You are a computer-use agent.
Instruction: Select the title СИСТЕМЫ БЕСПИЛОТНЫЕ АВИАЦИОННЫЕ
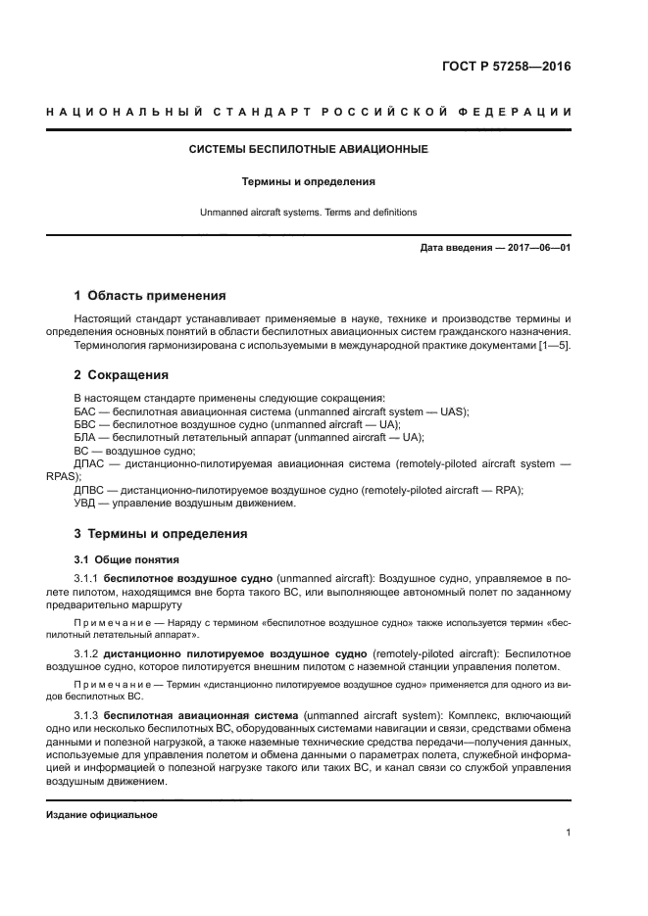(308, 150)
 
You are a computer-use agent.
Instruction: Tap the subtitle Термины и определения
(309, 181)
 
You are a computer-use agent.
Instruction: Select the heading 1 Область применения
(150, 295)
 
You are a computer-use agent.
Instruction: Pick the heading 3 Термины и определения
(161, 534)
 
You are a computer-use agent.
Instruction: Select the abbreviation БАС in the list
(86, 411)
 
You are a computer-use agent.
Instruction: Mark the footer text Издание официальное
(101, 815)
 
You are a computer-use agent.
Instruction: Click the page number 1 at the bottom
(568, 833)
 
